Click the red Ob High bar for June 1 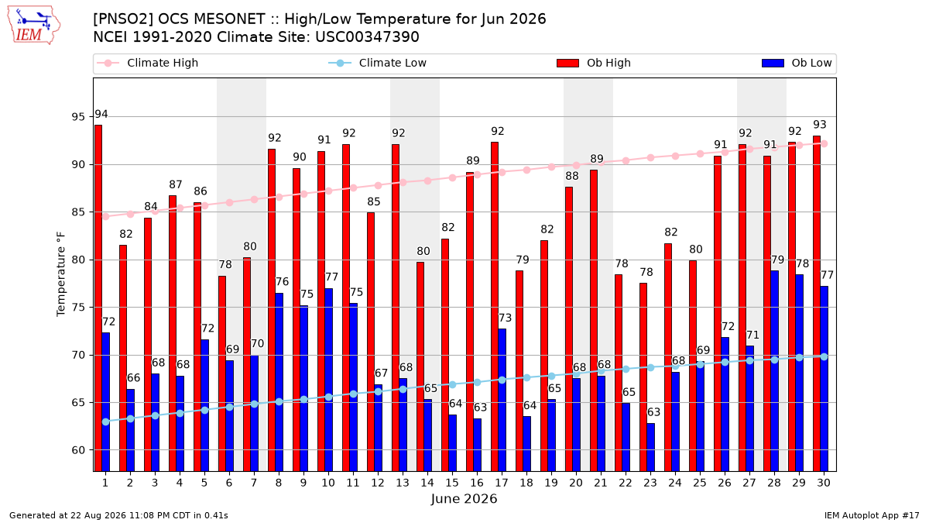[x=98, y=298]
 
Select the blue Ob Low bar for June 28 [x=774, y=371]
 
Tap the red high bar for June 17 [x=495, y=307]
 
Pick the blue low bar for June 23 [x=651, y=448]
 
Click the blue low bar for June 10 [x=328, y=380]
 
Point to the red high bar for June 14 [x=420, y=366]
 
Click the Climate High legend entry [x=147, y=63]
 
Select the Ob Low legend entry [x=797, y=63]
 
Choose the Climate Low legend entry [x=377, y=63]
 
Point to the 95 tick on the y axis [x=78, y=117]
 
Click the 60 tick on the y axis [x=78, y=450]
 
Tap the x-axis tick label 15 [x=452, y=483]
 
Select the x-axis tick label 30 [x=824, y=483]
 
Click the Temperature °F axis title [x=61, y=274]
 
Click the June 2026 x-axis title [x=464, y=498]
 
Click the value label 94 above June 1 [x=101, y=114]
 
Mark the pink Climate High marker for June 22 [x=626, y=160]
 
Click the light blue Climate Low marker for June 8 [x=279, y=402]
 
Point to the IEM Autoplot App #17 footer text [x=872, y=515]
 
